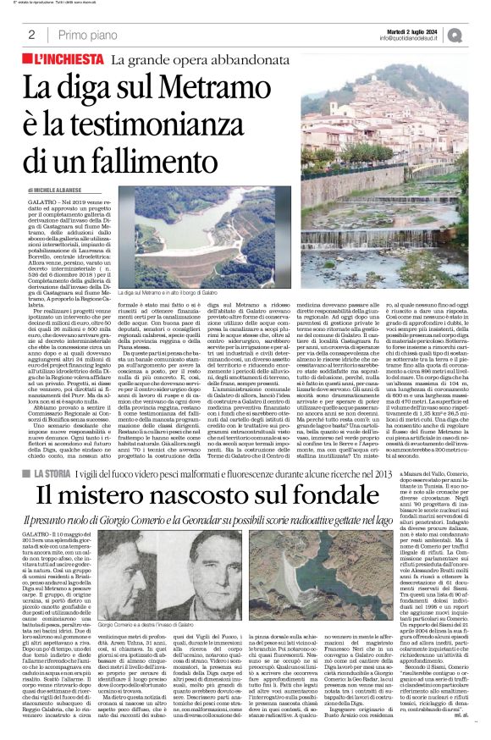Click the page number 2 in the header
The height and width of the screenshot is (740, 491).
point(31,36)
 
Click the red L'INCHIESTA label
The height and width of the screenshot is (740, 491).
point(66,59)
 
